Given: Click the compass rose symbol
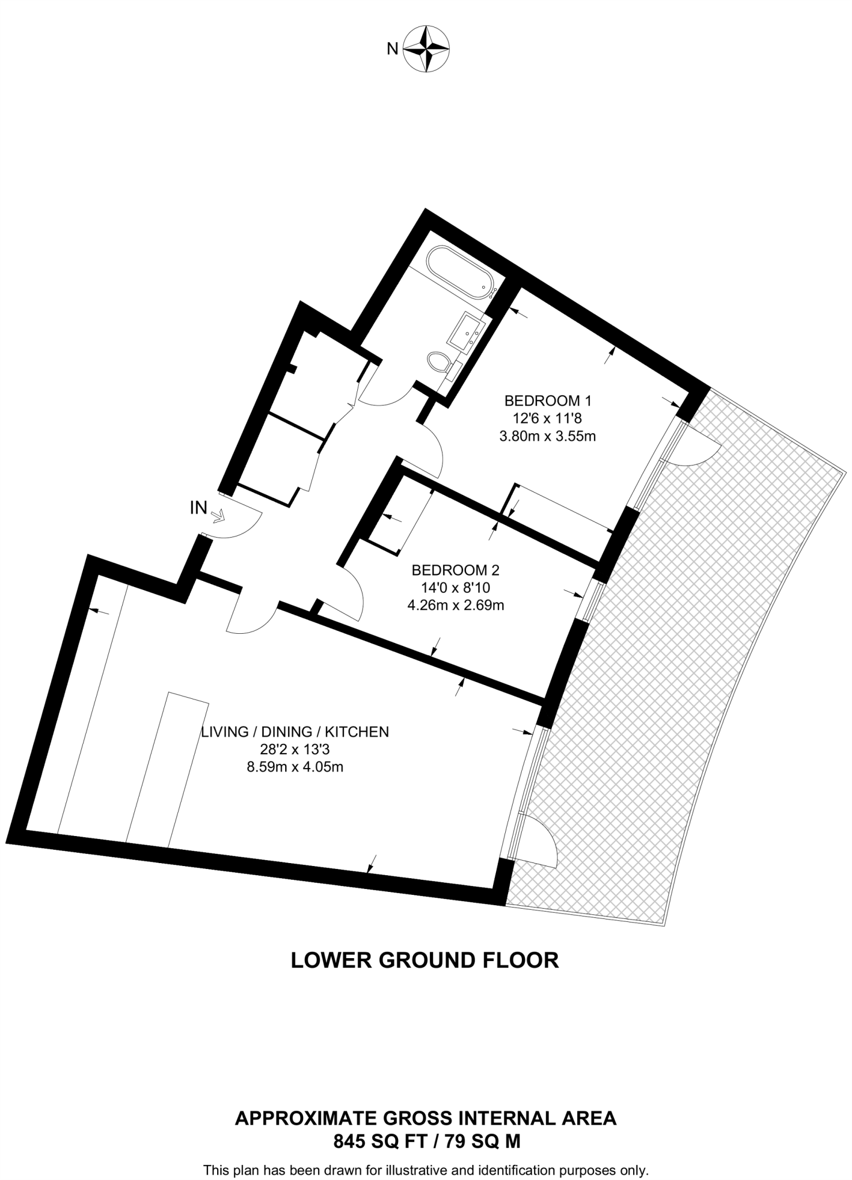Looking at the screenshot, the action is [426, 49].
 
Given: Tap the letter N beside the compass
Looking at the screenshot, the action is [392, 49].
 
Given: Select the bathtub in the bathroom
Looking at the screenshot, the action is [459, 273].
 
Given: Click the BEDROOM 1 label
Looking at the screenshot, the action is [548, 400].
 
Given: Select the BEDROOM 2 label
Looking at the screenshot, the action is [455, 570].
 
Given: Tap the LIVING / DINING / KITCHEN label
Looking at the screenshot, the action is [295, 732].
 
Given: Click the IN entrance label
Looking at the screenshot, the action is [199, 508].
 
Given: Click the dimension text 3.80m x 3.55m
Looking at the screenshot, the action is [547, 436].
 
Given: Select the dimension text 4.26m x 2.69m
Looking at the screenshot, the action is [456, 606].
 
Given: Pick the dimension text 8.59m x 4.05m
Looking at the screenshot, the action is [295, 767].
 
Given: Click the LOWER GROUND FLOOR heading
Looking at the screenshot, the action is [425, 960].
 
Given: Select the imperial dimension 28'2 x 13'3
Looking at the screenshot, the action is [295, 750].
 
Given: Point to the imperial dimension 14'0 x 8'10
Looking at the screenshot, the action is [456, 588].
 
